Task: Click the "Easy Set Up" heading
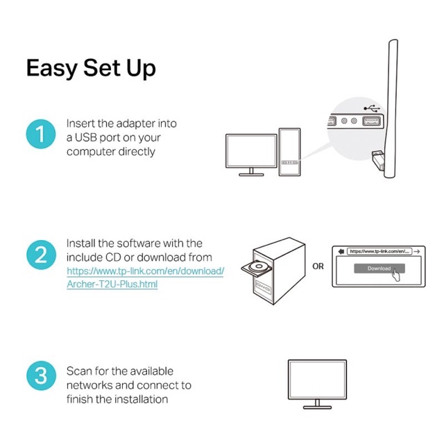click(91, 68)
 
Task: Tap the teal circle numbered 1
click(41, 134)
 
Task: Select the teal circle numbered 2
click(41, 255)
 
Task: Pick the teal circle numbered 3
click(41, 376)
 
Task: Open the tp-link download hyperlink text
click(146, 277)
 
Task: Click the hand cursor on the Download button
click(396, 275)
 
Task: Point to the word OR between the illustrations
click(318, 266)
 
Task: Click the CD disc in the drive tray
click(258, 266)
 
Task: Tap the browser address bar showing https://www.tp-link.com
click(379, 251)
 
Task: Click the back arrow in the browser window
click(341, 251)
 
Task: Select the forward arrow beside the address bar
click(416, 251)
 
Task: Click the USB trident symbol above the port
click(372, 108)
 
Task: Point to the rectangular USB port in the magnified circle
click(372, 121)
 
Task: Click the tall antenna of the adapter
click(391, 108)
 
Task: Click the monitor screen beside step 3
click(317, 379)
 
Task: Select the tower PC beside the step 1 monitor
click(289, 152)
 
